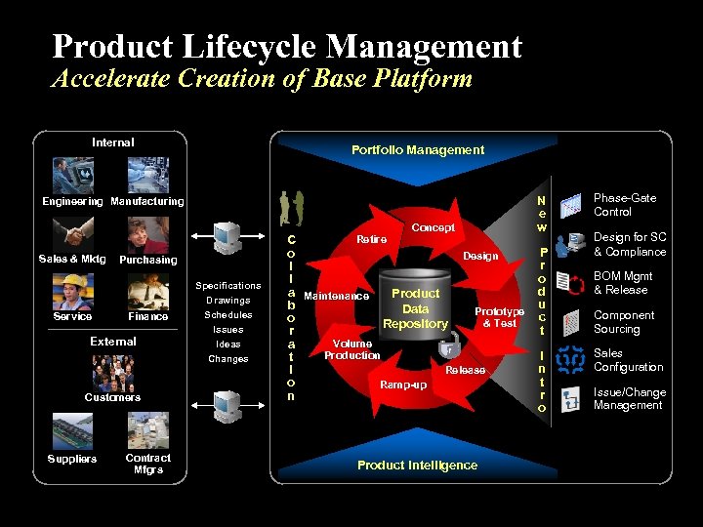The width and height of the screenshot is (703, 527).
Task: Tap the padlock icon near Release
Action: pyautogui.click(x=448, y=345)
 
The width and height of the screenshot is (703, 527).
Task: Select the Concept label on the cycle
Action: pyautogui.click(x=434, y=227)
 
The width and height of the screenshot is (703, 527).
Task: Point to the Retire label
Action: pyautogui.click(x=371, y=239)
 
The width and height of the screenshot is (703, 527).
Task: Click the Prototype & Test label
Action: pyautogui.click(x=499, y=317)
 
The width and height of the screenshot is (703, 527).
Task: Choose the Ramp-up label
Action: pyautogui.click(x=402, y=385)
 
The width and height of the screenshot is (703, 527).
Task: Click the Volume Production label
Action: pyautogui.click(x=352, y=349)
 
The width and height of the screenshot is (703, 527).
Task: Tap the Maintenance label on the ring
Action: pyautogui.click(x=337, y=296)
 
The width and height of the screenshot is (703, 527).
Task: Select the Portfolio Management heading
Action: pyautogui.click(x=418, y=149)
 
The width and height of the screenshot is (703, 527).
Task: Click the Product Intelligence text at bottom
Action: pyautogui.click(x=417, y=465)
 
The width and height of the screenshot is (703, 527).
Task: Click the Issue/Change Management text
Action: pyautogui.click(x=630, y=398)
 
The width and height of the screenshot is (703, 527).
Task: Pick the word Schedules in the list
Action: pyautogui.click(x=227, y=315)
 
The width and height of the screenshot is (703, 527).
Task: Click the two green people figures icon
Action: pyautogui.click(x=291, y=208)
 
